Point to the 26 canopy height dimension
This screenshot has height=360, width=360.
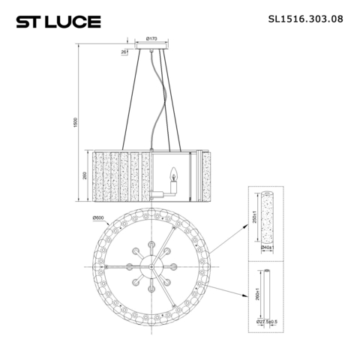click(x=123, y=52)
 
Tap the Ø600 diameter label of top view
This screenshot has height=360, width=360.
click(x=97, y=218)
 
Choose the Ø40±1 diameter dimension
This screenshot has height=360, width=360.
click(x=267, y=247)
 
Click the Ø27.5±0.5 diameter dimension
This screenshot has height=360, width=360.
click(x=268, y=322)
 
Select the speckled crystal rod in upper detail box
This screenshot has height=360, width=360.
click(x=267, y=215)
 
